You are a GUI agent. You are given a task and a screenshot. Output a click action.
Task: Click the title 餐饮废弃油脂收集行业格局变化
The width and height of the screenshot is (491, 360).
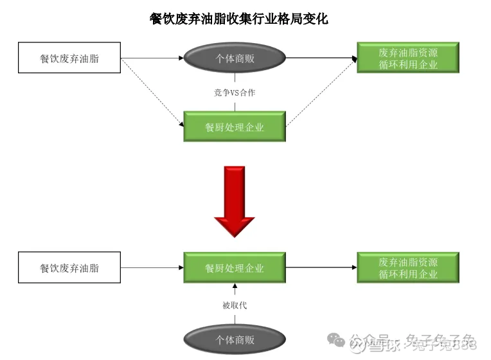238,19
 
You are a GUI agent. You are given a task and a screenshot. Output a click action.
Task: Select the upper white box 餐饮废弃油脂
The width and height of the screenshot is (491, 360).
69,59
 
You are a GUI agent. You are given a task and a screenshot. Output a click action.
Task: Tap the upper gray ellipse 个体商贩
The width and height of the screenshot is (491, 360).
235,59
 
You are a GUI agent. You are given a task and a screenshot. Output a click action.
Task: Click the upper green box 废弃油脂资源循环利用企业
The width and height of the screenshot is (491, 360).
407,58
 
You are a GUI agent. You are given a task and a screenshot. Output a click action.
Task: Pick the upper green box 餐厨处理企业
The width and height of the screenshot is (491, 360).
235,127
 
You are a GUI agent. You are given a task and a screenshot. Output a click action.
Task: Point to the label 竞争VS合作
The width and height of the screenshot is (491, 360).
235,93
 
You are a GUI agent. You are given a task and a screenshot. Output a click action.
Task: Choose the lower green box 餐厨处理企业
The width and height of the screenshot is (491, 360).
235,268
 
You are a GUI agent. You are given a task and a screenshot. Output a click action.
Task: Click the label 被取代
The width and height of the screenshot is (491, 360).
235,305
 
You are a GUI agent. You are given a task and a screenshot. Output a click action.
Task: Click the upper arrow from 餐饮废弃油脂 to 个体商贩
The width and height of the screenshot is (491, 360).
152,59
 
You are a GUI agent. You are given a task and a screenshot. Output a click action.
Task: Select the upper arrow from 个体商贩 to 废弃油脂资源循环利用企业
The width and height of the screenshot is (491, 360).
321,59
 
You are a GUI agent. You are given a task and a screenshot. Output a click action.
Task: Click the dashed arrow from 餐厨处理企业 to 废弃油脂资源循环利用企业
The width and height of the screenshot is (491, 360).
321,92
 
